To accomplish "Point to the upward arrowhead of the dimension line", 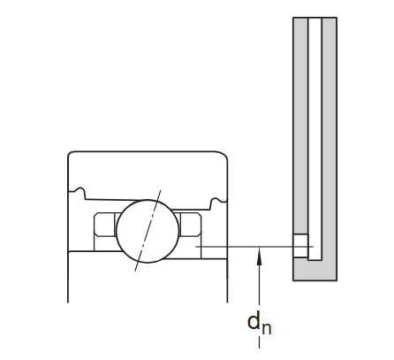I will [x=259, y=256].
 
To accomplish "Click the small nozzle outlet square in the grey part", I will [x=301, y=246].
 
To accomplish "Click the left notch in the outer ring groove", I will [x=80, y=190].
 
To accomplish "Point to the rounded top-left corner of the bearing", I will [x=73, y=157].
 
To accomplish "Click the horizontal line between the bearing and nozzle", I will [x=247, y=246].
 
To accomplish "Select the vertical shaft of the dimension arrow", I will [x=259, y=283].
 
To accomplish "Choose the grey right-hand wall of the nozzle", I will [x=330, y=133].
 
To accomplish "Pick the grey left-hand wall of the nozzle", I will [x=300, y=133].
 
